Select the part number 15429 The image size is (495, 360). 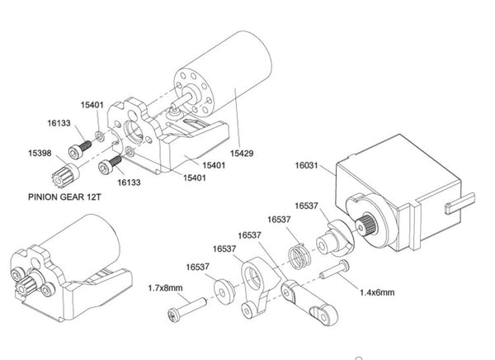coord(242,154)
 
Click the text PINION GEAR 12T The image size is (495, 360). coord(65,198)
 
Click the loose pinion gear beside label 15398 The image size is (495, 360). coord(68,175)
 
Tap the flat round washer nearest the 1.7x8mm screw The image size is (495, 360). coord(223,291)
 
